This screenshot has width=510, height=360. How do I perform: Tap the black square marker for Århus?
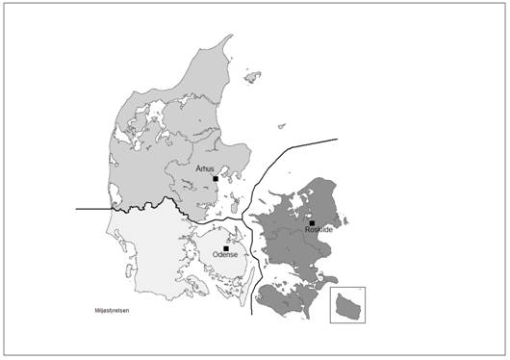tap(216, 178)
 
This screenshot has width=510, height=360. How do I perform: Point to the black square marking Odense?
tap(225, 248)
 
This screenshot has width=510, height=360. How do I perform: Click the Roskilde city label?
tap(318, 231)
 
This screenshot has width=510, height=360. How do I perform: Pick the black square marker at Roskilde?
tap(313, 223)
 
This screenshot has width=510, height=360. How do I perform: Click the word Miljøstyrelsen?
tap(112, 311)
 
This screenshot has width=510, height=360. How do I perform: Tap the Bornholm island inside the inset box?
tap(347, 307)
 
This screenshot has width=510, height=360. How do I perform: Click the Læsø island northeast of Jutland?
tap(253, 75)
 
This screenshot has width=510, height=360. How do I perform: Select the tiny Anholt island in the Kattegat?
tap(281, 125)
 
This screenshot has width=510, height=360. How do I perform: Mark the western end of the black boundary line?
tap(77, 208)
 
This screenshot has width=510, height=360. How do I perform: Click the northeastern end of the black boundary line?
tap(337, 140)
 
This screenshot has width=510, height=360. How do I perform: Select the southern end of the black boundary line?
tap(251, 313)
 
